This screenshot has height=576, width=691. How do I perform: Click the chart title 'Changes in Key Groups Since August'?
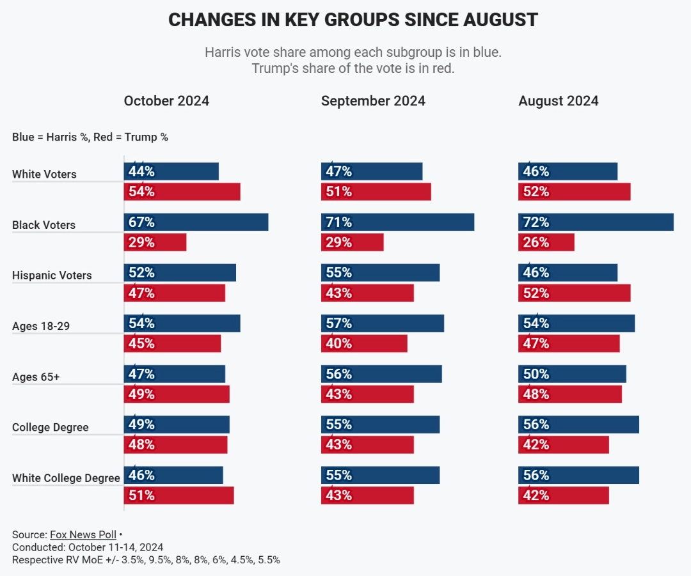point(353,20)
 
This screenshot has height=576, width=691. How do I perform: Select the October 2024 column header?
point(166,101)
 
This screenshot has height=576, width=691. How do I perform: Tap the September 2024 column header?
point(373,101)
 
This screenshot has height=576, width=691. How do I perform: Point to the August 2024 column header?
point(559,101)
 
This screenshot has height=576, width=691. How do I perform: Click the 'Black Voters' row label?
point(44,225)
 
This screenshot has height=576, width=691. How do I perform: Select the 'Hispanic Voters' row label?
point(52,276)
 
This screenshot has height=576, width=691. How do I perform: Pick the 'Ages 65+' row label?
point(36,377)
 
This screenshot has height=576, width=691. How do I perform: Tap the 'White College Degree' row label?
point(66,478)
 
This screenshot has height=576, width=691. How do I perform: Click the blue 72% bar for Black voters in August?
point(596,222)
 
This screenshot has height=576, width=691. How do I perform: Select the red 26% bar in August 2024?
point(546,242)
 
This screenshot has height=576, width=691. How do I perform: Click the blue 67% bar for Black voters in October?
point(196,222)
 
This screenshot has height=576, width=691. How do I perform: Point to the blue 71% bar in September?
point(397,222)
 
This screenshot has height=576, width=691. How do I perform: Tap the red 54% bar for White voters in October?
point(182,192)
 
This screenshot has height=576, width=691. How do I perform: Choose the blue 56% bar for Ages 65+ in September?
point(381,374)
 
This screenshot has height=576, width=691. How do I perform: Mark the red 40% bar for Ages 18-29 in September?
point(364,343)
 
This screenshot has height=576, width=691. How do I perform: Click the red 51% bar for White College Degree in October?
point(179,495)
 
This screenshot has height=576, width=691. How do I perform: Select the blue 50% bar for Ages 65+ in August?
point(572,374)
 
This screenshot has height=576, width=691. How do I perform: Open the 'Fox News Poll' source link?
point(83,534)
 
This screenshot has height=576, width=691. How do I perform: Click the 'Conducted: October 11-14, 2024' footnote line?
point(88,547)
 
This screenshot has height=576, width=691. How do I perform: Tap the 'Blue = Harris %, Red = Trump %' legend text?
point(90,137)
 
